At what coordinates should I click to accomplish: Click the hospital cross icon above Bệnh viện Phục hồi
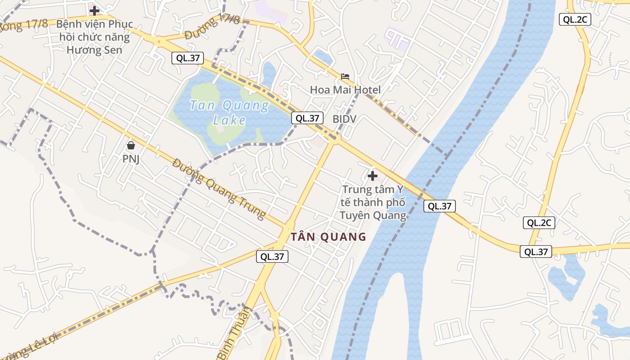(x=94, y=10)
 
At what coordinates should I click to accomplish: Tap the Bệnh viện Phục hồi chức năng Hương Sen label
(x=94, y=37)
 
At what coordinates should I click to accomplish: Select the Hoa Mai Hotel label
(x=345, y=90)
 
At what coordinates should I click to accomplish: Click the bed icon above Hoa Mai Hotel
(x=345, y=76)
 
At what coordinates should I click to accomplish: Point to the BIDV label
(x=344, y=119)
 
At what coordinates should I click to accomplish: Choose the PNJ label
(x=131, y=159)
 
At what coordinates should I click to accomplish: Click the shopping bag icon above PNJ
(x=131, y=145)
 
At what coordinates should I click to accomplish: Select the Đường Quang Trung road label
(x=219, y=189)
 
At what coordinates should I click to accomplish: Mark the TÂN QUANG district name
(x=328, y=237)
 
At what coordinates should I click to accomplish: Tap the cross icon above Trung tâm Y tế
(x=373, y=175)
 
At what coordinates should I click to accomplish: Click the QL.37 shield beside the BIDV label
(x=307, y=118)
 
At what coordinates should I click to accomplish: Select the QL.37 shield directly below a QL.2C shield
(x=536, y=252)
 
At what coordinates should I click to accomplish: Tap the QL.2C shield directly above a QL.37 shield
(x=539, y=223)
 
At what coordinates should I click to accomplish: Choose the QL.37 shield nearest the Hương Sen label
(x=188, y=58)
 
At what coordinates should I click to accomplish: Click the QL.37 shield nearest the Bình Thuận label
(x=272, y=256)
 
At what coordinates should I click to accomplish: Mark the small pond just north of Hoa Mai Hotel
(x=323, y=57)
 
